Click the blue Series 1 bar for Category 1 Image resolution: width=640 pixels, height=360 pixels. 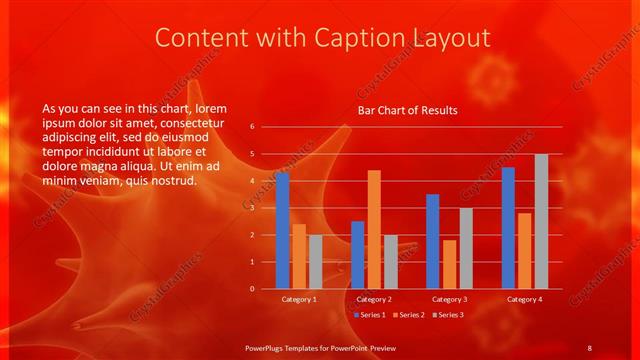click(283, 231)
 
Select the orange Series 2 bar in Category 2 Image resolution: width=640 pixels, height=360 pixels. click(374, 229)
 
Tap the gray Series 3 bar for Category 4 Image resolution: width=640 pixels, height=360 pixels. click(541, 221)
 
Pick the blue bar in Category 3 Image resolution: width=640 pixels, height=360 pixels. click(433, 241)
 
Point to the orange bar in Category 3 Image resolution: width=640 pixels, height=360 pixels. click(449, 264)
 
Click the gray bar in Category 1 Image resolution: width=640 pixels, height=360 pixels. click(315, 262)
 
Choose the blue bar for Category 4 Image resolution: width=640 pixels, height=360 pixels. click(509, 228)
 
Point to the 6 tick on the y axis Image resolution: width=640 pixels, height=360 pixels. click(252, 127)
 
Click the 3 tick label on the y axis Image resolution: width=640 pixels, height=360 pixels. click(252, 208)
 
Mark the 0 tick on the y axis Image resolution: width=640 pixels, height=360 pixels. click(252, 289)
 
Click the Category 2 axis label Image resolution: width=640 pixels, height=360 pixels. click(374, 299)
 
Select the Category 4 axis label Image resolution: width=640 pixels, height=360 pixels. click(525, 299)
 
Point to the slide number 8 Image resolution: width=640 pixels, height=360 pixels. click(589, 347)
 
